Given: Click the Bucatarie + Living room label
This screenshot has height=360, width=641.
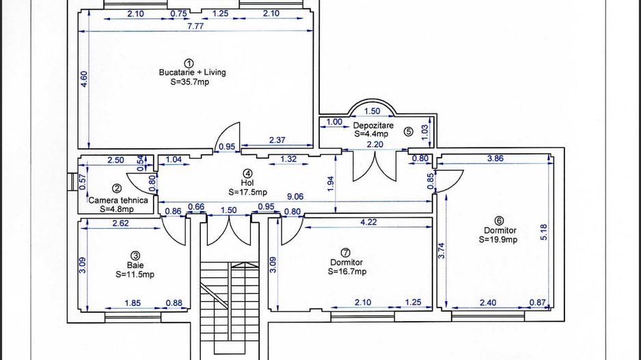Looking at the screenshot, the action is coord(192,72).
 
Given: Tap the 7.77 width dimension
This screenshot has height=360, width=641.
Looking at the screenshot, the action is coord(195,26).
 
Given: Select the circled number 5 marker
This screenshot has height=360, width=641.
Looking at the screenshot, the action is coord(408,132).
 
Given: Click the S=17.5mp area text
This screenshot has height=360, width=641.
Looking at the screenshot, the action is coord(248,192).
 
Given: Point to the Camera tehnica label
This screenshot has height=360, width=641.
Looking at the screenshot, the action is coord(118,200).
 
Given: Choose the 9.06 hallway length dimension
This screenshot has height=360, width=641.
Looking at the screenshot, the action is coord(295,197).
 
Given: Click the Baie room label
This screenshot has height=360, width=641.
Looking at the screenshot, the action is coord(135,266).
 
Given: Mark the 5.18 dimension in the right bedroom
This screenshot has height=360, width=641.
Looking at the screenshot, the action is coord(544,232).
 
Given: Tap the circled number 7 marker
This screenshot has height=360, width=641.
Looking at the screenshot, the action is coord(345,253).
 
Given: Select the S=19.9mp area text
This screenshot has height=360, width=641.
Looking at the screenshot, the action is coord(498,240).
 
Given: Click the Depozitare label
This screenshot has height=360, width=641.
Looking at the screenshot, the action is coord(373,126).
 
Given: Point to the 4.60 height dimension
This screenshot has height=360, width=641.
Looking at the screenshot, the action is coord(84,79).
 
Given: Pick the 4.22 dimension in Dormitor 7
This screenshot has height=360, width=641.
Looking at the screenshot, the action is coord(368,222).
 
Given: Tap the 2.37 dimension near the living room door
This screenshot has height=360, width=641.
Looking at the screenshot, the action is coord(277,140).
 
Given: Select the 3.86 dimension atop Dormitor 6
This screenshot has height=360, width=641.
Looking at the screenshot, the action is coord(495,158).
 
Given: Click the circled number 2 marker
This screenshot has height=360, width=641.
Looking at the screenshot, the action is coord(116,189).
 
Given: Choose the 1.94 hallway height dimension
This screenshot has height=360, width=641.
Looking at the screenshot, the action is coord(331,184).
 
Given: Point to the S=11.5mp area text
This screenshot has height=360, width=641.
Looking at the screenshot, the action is coord(135,275).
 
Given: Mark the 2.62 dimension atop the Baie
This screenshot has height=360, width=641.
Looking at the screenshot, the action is coord(120,223).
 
